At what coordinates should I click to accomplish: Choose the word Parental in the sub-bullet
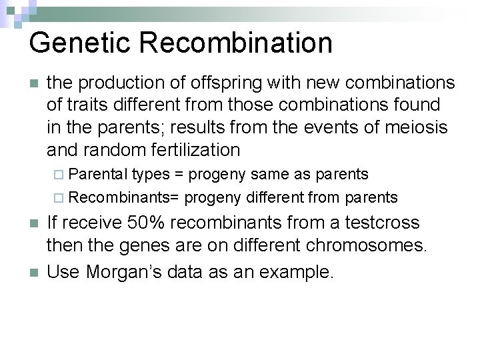tap(98, 175)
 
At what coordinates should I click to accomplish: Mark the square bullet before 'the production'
tap(33, 84)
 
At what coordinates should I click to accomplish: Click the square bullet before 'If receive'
tap(33, 223)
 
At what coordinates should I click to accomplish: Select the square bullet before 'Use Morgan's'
tap(33, 273)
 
